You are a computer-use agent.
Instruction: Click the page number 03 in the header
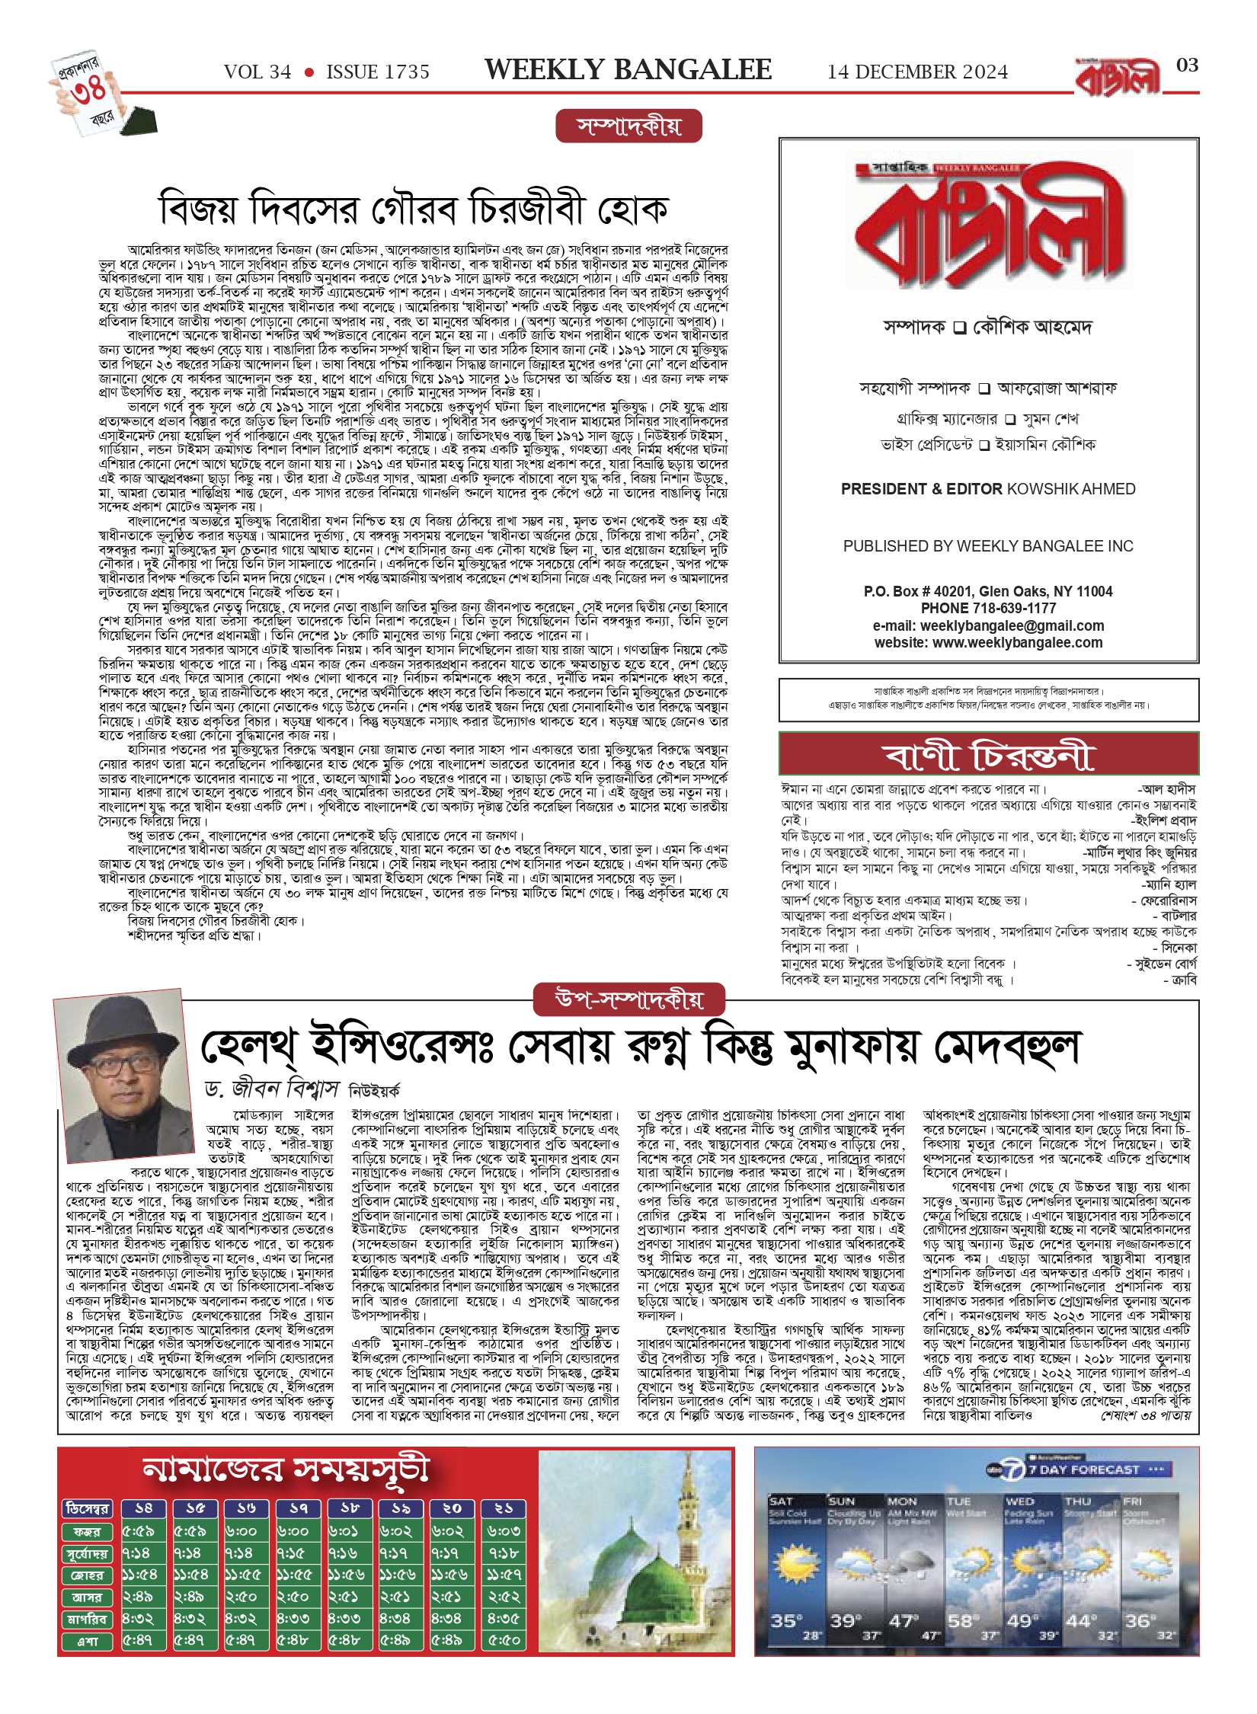click(x=1187, y=66)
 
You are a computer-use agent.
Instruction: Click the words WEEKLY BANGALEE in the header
click(x=628, y=70)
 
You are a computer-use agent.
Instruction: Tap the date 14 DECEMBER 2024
click(x=917, y=72)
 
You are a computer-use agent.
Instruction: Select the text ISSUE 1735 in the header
click(x=378, y=72)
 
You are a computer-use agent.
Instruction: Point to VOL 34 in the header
click(x=257, y=72)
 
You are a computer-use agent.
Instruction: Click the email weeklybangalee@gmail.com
click(x=1012, y=625)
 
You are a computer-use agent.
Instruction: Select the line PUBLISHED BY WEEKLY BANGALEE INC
click(x=988, y=546)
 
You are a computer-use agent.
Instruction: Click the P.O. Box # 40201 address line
click(x=988, y=591)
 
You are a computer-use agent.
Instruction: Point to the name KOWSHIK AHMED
click(x=1071, y=489)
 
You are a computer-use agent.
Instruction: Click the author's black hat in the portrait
click(x=121, y=1029)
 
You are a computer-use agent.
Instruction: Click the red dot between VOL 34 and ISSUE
click(x=309, y=72)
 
